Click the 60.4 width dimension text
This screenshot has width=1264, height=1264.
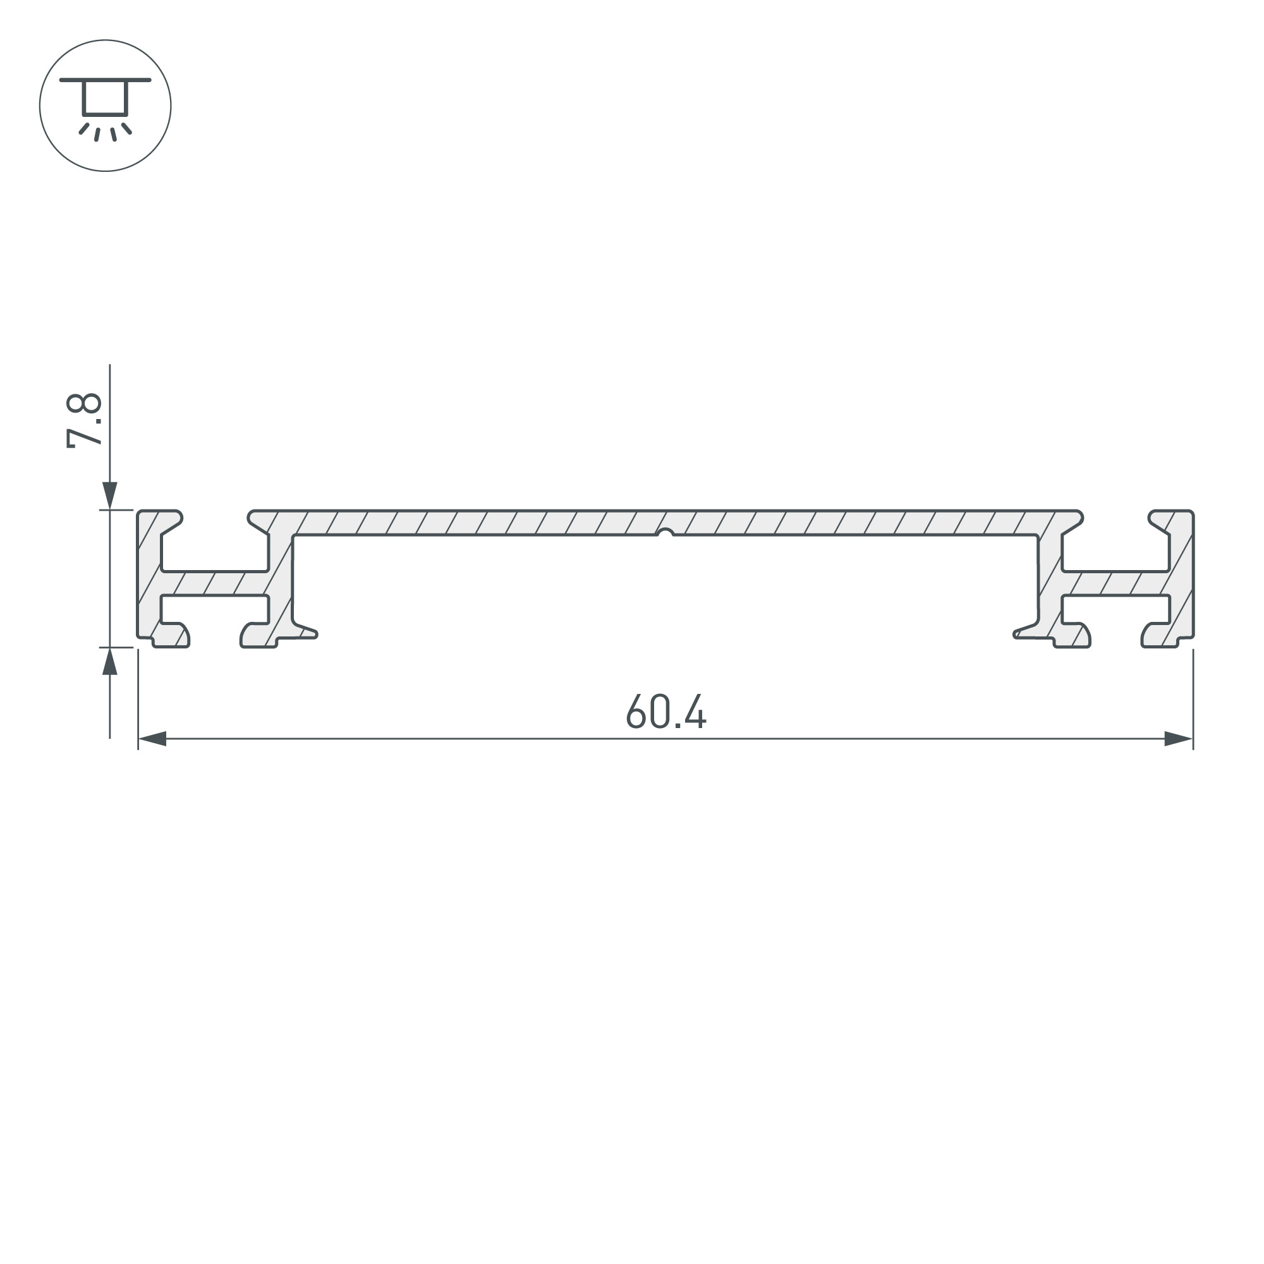(666, 711)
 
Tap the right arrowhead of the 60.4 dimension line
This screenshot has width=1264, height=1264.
(1178, 739)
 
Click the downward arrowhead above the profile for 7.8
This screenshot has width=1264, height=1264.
(110, 495)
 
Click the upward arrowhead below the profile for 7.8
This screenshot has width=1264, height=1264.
(110, 662)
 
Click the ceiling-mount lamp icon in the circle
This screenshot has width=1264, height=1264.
(105, 106)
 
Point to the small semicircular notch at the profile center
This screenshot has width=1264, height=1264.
(665, 533)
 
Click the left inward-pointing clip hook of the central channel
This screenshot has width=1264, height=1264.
(305, 631)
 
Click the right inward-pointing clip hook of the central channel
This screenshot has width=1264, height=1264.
(1026, 631)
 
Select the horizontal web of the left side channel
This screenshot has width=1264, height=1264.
(215, 583)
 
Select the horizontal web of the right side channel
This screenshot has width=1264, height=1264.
(1116, 583)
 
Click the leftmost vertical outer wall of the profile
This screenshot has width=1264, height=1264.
(148, 576)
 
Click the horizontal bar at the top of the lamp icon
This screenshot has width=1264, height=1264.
(105, 80)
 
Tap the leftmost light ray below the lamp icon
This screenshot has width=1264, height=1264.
(84, 128)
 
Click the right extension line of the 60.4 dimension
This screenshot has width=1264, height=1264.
(1193, 700)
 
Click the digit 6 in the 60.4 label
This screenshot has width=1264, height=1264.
(635, 711)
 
